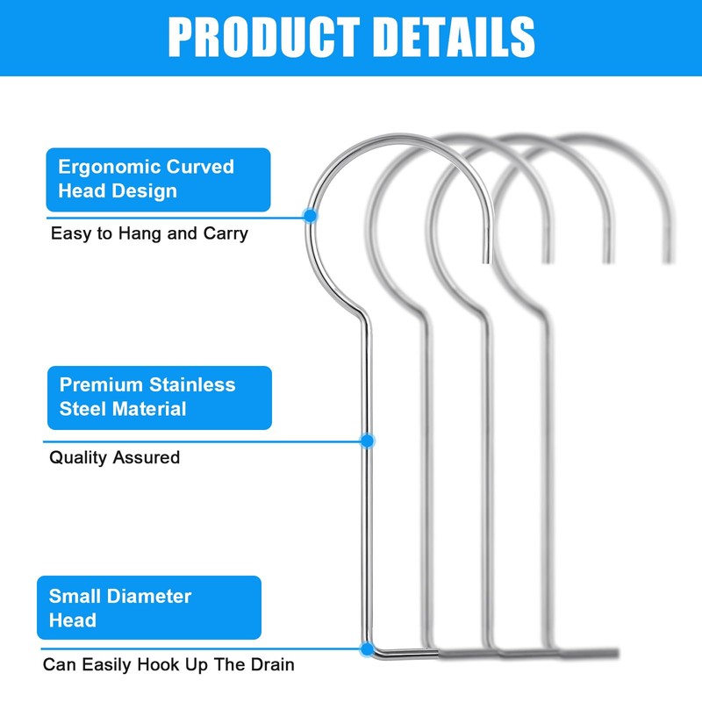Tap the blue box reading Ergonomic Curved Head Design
158,179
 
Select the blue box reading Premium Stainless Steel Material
158,397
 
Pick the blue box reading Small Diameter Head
148,607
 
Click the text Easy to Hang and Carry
149,233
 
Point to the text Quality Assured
114,457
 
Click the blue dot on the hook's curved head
309,215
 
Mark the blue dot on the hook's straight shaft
368,441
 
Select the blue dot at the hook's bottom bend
366,649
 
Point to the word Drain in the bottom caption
272,664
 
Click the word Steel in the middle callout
83,408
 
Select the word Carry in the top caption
226,233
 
